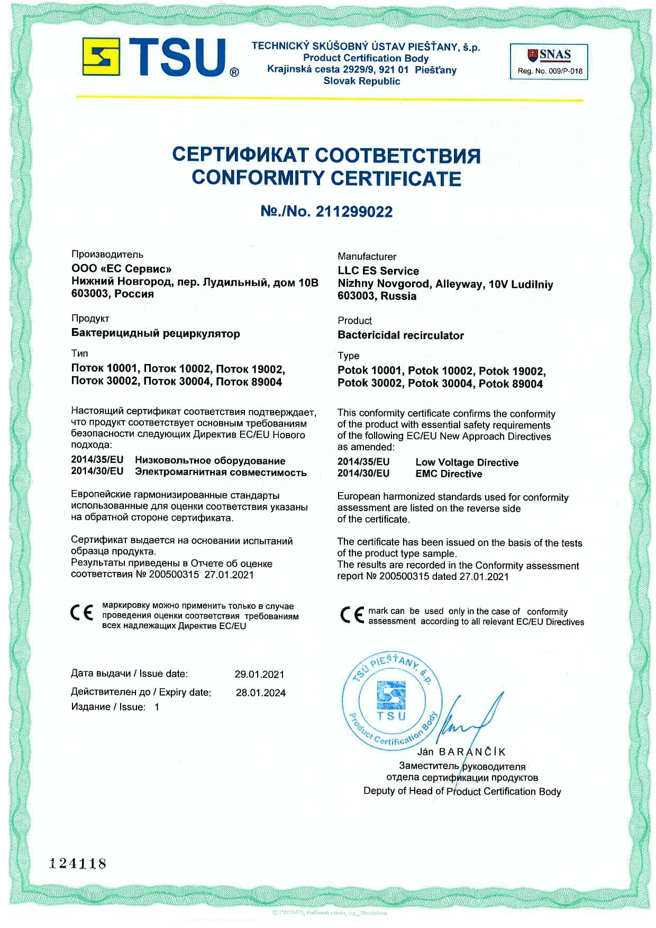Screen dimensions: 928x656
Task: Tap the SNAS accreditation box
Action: (549, 61)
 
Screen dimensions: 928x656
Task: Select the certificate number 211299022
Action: (354, 212)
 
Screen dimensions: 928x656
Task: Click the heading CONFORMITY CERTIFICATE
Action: (326, 178)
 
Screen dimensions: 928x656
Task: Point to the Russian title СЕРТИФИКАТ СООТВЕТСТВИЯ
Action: (326, 155)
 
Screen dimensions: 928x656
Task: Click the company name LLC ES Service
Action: (378, 271)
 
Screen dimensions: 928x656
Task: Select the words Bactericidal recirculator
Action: (400, 335)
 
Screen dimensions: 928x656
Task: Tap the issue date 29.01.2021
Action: (259, 675)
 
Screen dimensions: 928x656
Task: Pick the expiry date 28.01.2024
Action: (260, 693)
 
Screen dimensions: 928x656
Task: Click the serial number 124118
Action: (78, 864)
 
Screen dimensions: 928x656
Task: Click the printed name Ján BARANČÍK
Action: (461, 752)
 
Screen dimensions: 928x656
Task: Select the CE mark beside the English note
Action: (352, 615)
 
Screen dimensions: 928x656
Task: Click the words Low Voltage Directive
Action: (467, 462)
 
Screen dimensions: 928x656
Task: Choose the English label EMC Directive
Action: (449, 474)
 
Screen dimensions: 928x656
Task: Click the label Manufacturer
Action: (367, 257)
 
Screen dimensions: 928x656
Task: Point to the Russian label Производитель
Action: (107, 254)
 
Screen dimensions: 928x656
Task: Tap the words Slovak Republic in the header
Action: (362, 81)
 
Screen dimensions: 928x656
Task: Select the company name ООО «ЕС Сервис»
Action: (121, 269)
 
